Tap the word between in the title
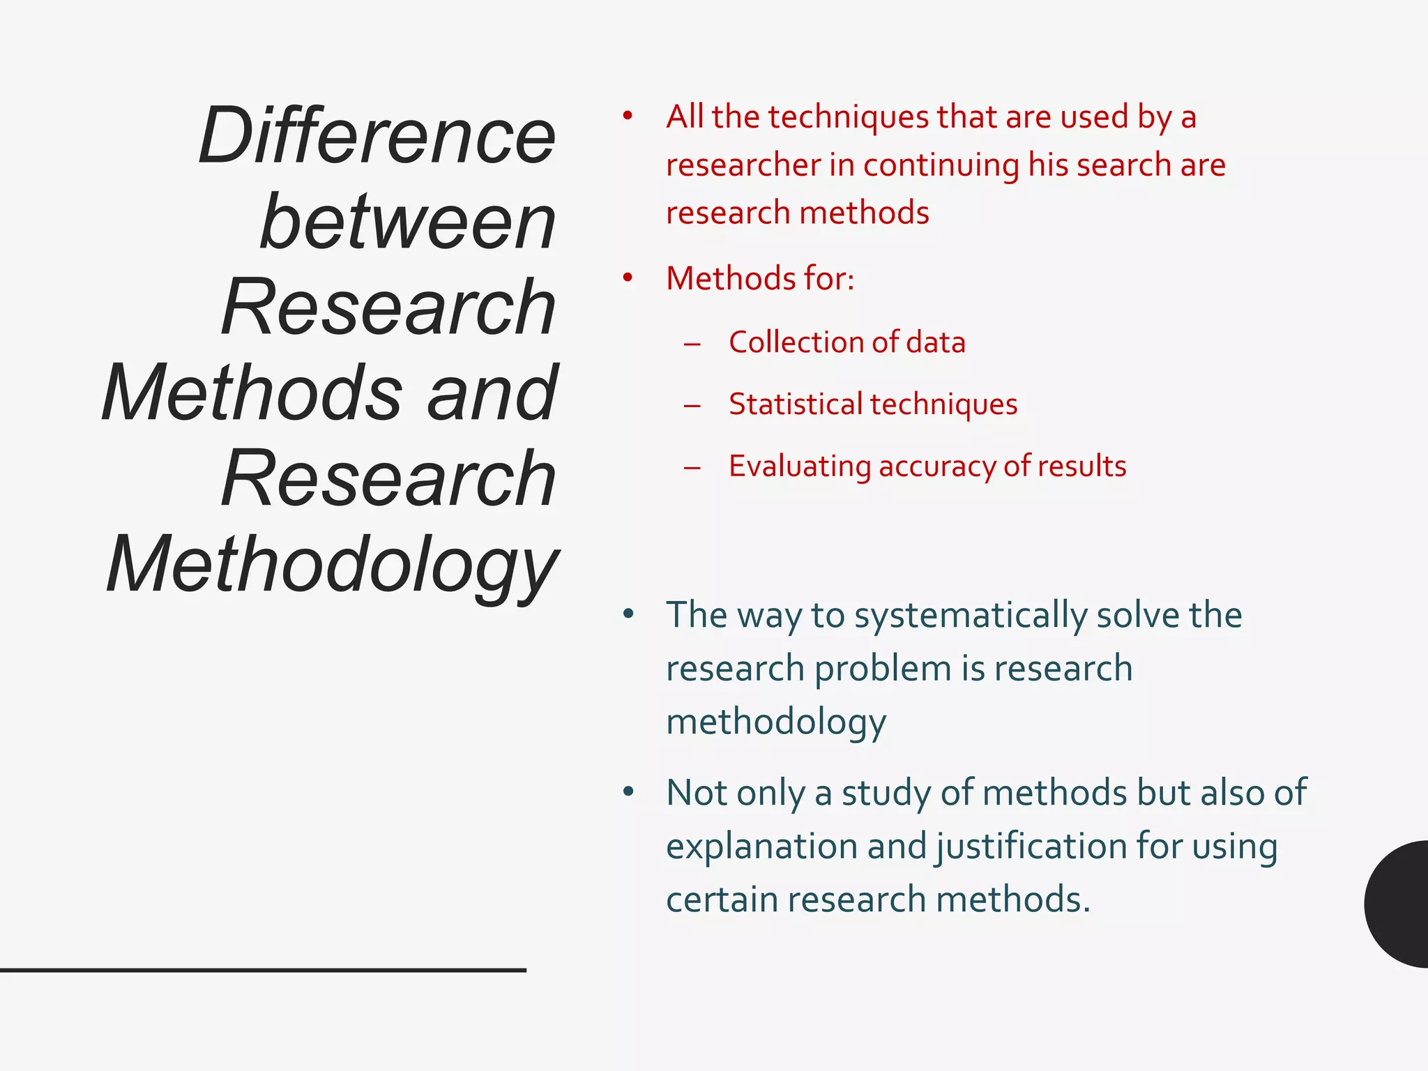(x=408, y=221)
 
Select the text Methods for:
(x=760, y=278)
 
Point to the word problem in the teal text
(x=882, y=669)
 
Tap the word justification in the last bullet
(x=1031, y=846)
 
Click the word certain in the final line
(x=722, y=899)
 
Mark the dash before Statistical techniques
(x=692, y=405)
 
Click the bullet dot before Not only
(x=628, y=791)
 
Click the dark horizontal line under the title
(x=263, y=970)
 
